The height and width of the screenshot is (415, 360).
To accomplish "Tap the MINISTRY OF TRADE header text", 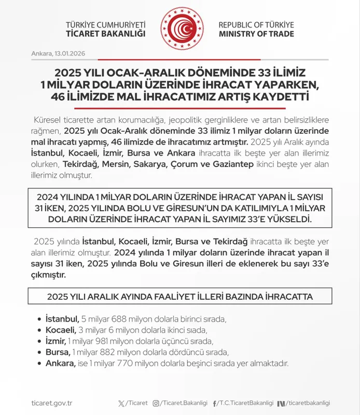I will pos(256,34).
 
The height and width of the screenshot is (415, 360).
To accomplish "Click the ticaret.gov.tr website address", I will pos(52,403).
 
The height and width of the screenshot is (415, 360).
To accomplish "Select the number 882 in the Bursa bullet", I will pos(113,352).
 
